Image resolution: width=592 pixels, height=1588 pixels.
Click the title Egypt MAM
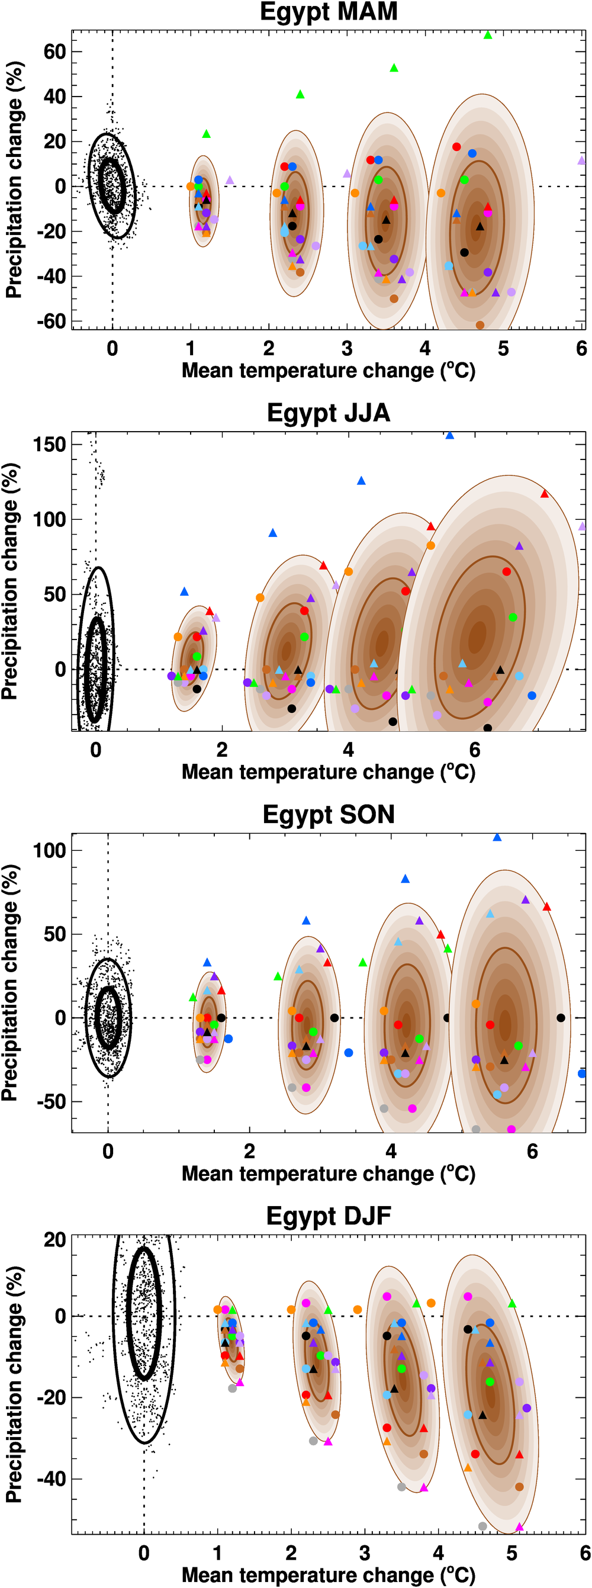tap(329, 12)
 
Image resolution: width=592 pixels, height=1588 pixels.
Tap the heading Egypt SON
tap(329, 815)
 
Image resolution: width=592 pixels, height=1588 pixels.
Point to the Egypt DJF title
tap(329, 1216)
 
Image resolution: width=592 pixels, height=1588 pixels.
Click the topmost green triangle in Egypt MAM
tap(488, 36)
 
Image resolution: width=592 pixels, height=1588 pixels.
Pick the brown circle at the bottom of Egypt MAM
tap(480, 325)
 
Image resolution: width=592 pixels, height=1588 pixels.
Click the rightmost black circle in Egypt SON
tap(561, 1018)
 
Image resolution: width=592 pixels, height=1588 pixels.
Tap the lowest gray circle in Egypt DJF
tap(482, 1526)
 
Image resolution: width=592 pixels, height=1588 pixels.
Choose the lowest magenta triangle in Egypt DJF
tap(519, 1527)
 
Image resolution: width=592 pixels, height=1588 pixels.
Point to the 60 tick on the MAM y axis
tap(54, 52)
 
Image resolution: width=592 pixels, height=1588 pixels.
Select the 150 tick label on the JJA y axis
tap(49, 445)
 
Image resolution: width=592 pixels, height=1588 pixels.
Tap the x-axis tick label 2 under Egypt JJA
tap(222, 750)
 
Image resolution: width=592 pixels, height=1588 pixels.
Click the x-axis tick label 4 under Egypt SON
tap(391, 1152)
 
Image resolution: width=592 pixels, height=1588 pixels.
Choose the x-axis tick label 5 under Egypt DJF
tap(512, 1554)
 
